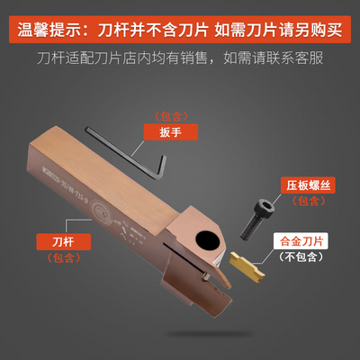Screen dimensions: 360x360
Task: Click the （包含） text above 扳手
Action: (x=168, y=115)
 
